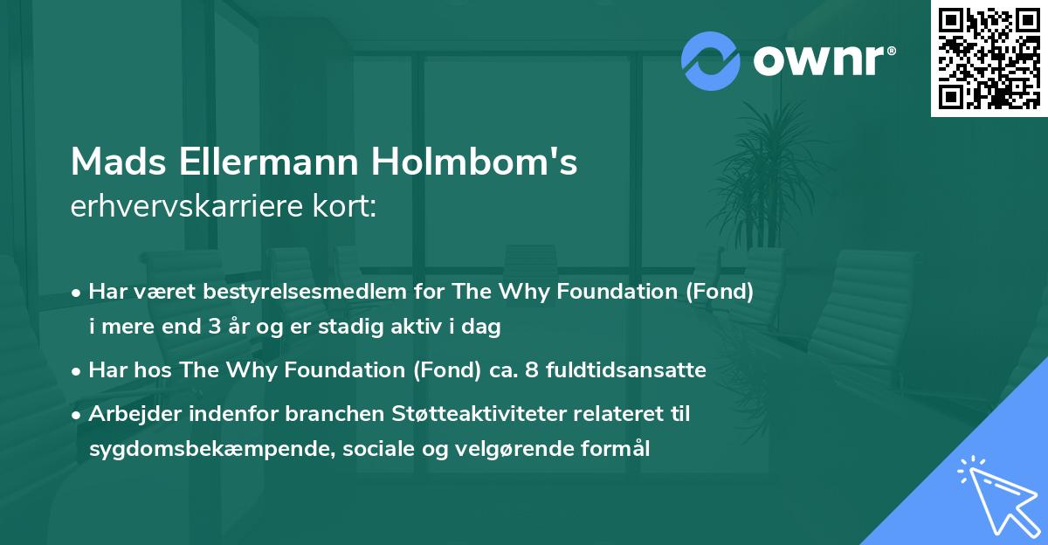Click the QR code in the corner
[989, 59]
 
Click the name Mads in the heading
[118, 162]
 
